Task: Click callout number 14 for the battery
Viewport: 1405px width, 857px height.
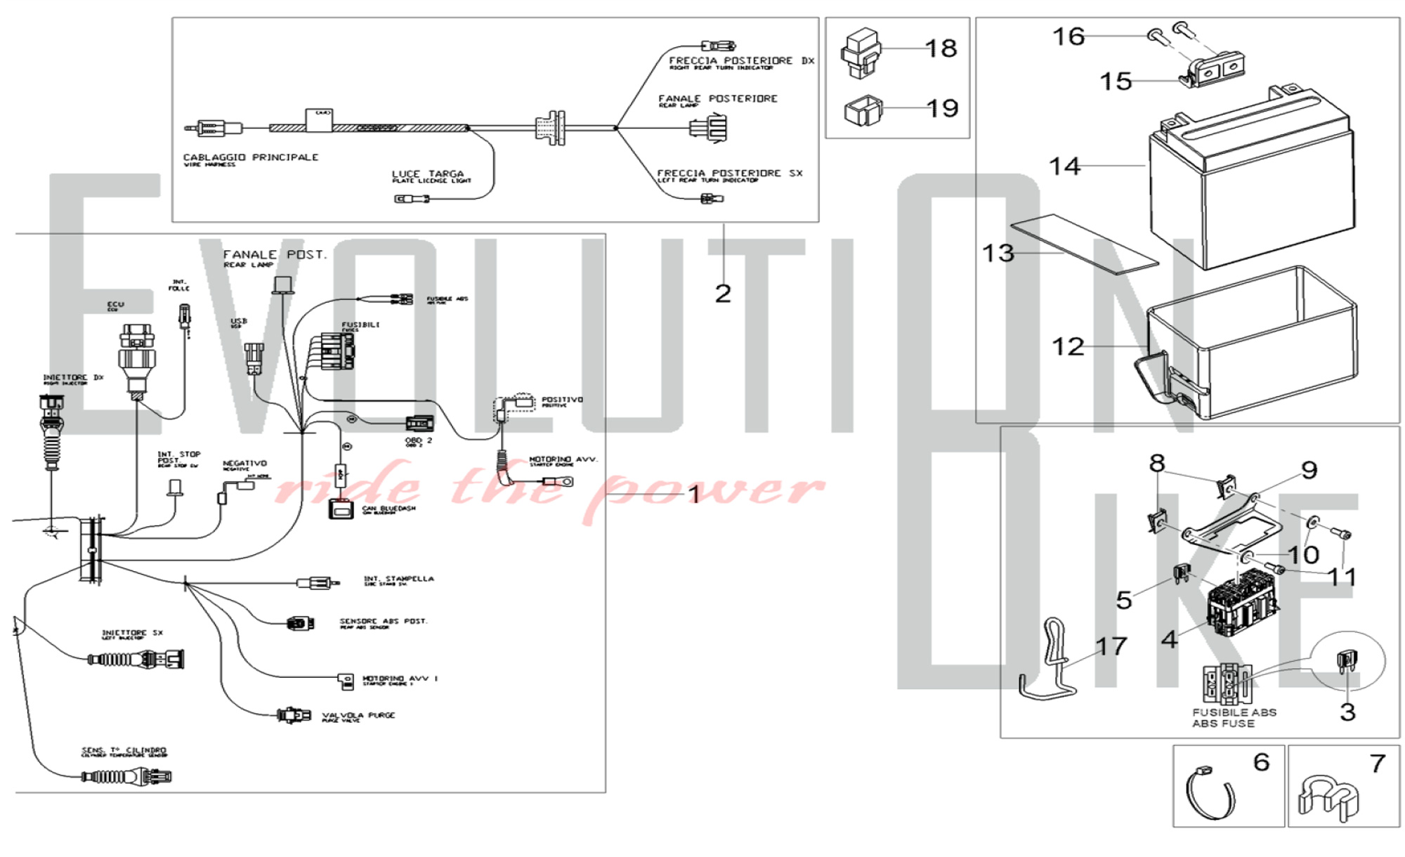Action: [1064, 166]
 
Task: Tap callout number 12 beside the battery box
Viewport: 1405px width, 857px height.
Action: [1067, 346]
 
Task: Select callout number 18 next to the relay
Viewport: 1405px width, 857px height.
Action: [941, 48]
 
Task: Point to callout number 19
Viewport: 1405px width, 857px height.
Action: [942, 108]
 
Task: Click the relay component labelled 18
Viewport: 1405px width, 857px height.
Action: [861, 53]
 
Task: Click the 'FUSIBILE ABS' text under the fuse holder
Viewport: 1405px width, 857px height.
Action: [1234, 712]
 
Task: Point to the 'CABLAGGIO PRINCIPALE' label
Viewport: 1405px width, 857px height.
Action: [251, 157]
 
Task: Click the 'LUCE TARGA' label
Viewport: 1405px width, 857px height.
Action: [428, 174]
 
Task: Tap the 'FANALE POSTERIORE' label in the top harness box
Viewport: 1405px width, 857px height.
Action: [717, 99]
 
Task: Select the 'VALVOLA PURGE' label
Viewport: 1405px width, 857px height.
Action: [358, 715]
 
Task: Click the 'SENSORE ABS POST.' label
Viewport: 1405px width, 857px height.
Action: [383, 622]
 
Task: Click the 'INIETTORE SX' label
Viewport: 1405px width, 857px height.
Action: [132, 633]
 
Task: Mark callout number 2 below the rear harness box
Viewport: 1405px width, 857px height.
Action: [723, 294]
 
